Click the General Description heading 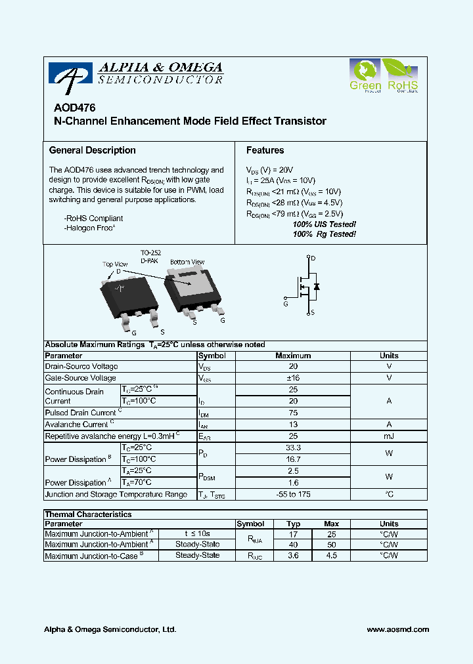pyautogui.click(x=93, y=150)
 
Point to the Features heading pyautogui.click(x=265, y=150)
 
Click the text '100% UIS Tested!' pyautogui.click(x=324, y=224)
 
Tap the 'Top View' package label pyautogui.click(x=115, y=264)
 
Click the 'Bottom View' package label pyautogui.click(x=187, y=262)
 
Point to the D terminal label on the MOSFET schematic pyautogui.click(x=313, y=259)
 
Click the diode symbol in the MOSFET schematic pyautogui.click(x=317, y=287)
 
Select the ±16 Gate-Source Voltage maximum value pyautogui.click(x=293, y=378)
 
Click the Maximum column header pyautogui.click(x=293, y=356)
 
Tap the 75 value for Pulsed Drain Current pyautogui.click(x=293, y=413)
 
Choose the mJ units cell pyautogui.click(x=389, y=436)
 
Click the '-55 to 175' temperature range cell pyautogui.click(x=293, y=494)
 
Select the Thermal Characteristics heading pyautogui.click(x=88, y=514)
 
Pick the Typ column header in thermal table pyautogui.click(x=293, y=524)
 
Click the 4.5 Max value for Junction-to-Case pyautogui.click(x=332, y=556)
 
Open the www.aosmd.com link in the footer pyautogui.click(x=397, y=629)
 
